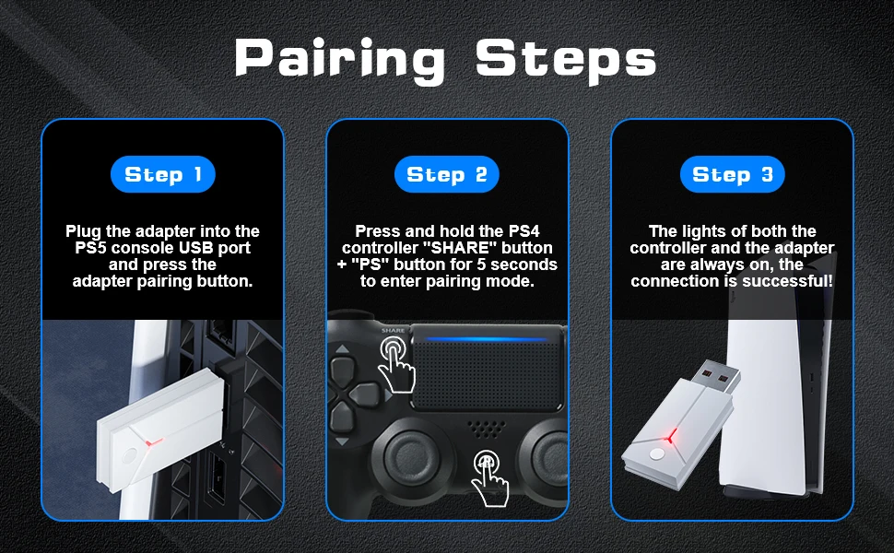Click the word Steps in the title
coord(566,59)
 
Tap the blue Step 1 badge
coord(163,174)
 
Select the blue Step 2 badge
coord(447,174)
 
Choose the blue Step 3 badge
coord(733,174)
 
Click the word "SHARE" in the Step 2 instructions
coord(461,248)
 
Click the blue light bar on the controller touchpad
coord(487,339)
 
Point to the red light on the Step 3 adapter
coord(671,436)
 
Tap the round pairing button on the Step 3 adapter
coord(657,453)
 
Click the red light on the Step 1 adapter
coord(152,441)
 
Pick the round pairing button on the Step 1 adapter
coord(129,456)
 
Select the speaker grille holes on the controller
coord(487,429)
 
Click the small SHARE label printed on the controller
coord(393,330)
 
